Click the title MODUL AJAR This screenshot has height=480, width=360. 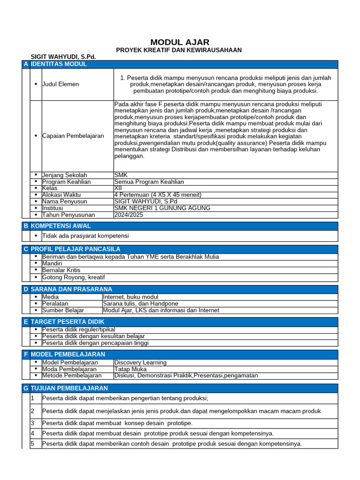180,42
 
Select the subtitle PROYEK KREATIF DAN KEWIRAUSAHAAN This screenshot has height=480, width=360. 179,50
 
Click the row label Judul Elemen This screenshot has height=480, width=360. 60,84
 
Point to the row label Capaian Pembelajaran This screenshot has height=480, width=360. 73,136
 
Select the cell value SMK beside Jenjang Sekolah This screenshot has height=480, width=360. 121,175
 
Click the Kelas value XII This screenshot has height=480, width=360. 118,188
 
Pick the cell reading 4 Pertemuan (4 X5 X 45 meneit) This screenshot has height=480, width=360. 157,195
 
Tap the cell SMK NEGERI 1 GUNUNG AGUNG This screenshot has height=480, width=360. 162,208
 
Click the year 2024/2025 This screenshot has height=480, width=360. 129,215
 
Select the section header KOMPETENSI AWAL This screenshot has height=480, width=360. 60,226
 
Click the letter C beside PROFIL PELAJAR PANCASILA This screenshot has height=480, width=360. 26,249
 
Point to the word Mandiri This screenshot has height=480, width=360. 52,263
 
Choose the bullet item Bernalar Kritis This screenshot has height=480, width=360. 61,270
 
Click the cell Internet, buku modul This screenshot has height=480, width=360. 130,297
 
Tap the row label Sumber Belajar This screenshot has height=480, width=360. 63,310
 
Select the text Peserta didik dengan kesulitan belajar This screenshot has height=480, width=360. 93,336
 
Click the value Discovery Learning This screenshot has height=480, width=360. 140,362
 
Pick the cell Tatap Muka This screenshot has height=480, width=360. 130,369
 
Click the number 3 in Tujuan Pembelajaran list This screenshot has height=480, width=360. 33,423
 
